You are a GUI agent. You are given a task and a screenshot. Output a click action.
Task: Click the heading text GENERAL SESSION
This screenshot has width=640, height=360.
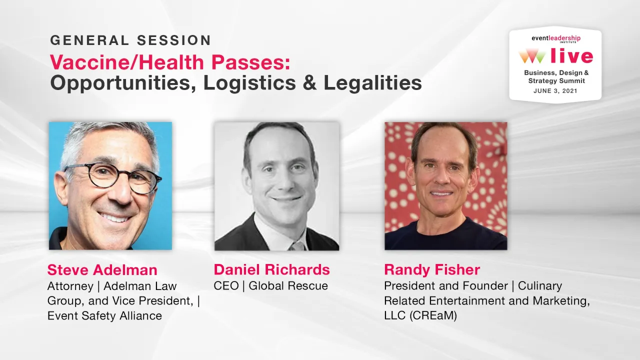pyautogui.click(x=130, y=40)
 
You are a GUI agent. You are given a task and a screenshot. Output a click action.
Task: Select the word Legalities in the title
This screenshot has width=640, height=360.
pyautogui.click(x=372, y=83)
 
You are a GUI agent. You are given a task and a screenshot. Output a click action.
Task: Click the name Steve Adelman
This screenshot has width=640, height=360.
pyautogui.click(x=102, y=270)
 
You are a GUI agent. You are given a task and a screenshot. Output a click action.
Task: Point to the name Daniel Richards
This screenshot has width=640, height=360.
pyautogui.click(x=271, y=270)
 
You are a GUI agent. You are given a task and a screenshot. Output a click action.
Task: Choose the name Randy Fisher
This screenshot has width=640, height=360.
pyautogui.click(x=432, y=270)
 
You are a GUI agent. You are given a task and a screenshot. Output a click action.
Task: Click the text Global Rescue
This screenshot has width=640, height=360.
pyautogui.click(x=288, y=286)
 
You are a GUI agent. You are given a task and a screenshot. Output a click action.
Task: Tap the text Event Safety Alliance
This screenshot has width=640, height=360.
pyautogui.click(x=104, y=316)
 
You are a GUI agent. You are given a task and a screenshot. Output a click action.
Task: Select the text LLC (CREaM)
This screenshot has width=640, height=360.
pyautogui.click(x=420, y=316)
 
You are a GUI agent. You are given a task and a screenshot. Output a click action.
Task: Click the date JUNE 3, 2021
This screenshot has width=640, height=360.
pyautogui.click(x=555, y=91)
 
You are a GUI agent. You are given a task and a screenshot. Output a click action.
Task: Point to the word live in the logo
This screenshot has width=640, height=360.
pyautogui.click(x=571, y=56)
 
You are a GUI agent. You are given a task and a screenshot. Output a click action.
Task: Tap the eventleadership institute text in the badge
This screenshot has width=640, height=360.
pyautogui.click(x=555, y=39)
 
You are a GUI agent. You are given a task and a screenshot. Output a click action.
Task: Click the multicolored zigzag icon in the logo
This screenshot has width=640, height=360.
pyautogui.click(x=531, y=56)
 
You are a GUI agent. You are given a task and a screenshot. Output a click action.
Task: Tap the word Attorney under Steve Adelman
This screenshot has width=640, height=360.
pyautogui.click(x=70, y=286)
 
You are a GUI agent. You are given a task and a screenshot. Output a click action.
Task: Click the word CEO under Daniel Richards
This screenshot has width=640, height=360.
pyautogui.click(x=226, y=286)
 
